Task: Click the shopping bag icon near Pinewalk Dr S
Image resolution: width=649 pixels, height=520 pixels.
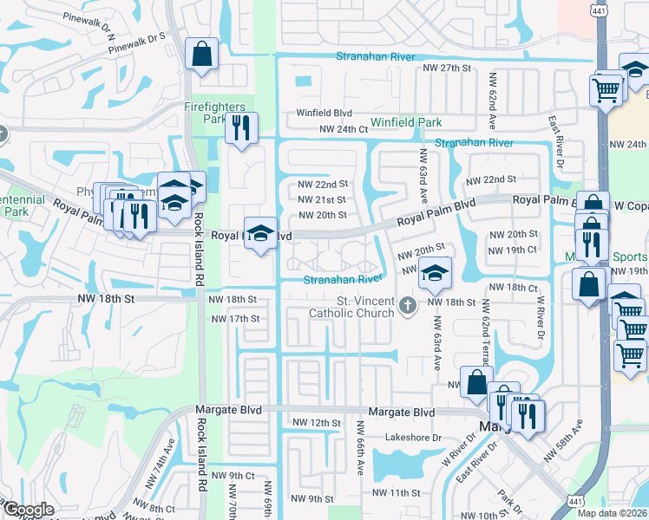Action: tap(201, 55)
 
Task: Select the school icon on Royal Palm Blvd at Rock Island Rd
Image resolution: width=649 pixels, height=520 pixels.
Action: tap(260, 233)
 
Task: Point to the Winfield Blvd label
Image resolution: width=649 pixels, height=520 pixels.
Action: tap(324, 113)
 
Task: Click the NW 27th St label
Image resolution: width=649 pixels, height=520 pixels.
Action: tap(446, 68)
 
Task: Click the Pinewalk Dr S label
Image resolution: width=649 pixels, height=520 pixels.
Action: tap(136, 39)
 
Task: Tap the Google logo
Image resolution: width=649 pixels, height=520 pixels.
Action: tap(29, 510)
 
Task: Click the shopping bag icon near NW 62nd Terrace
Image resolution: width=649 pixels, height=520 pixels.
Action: tap(476, 382)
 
